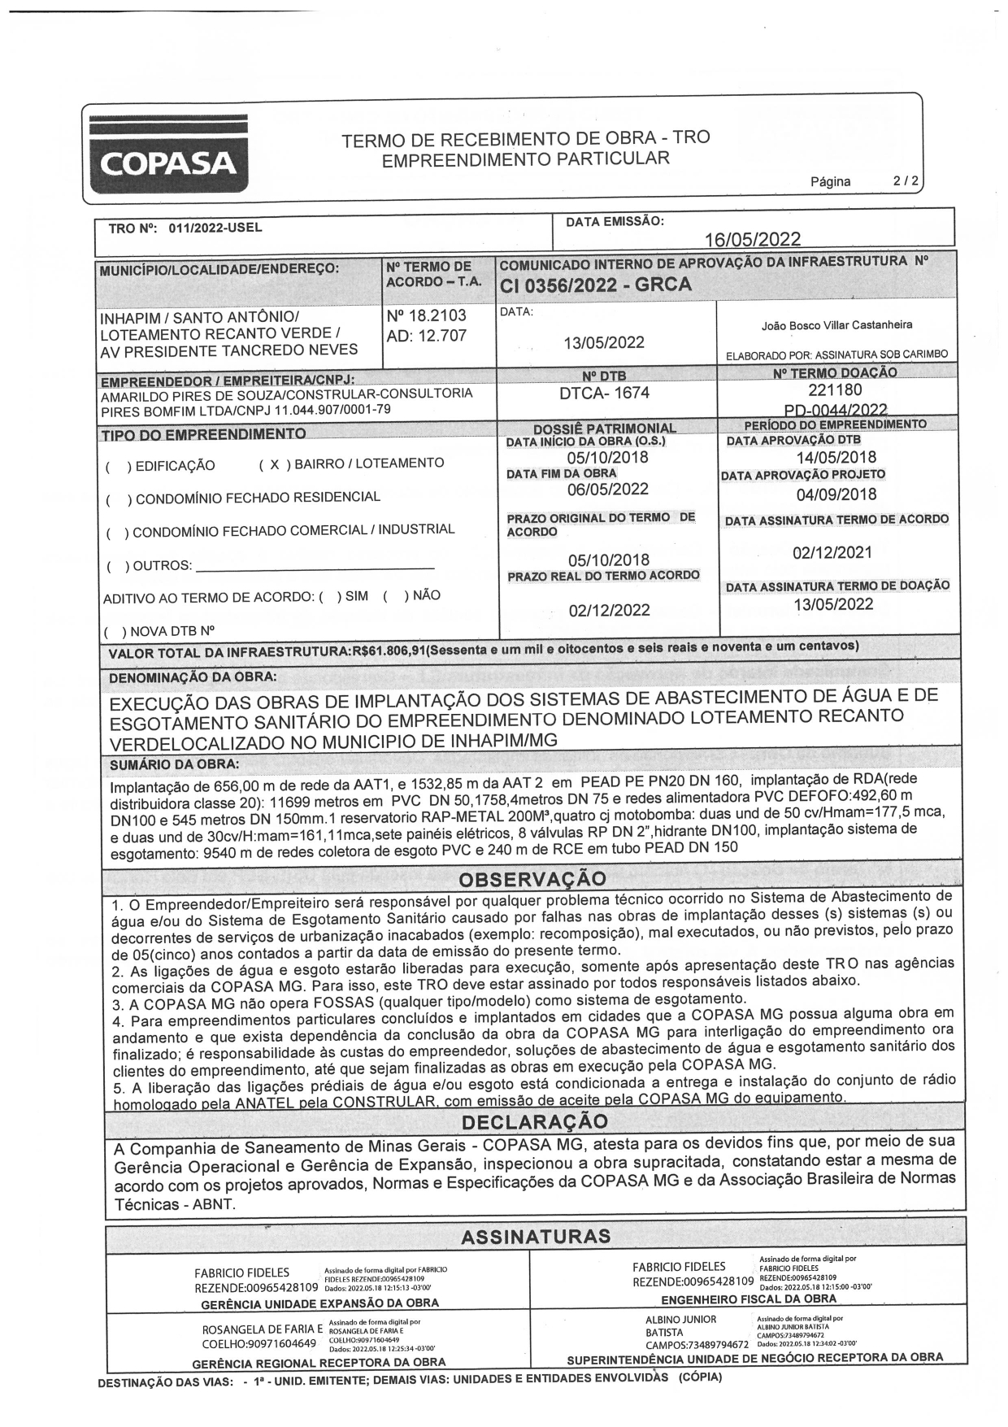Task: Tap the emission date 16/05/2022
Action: (752, 238)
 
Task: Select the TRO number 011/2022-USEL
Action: (215, 228)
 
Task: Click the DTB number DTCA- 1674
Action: (605, 394)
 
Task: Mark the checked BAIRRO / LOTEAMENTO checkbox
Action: (275, 463)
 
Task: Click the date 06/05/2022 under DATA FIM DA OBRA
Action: (607, 489)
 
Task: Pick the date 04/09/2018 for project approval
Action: (836, 494)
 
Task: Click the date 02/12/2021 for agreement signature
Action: (832, 553)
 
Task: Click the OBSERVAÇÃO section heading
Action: (532, 879)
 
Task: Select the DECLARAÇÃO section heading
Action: (534, 1121)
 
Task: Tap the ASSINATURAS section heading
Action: (535, 1237)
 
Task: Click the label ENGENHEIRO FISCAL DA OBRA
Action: (748, 1299)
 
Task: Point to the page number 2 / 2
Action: (904, 181)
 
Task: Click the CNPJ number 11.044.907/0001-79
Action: (335, 409)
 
